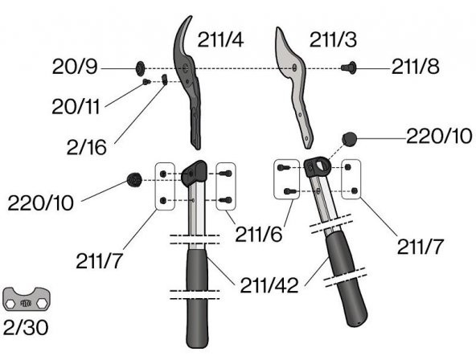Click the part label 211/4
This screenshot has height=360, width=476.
[220, 39]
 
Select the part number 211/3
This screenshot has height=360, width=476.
[333, 39]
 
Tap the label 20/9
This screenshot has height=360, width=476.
[75, 67]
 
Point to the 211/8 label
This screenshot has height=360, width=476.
[415, 67]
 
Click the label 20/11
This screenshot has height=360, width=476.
[76, 107]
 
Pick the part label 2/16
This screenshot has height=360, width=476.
[87, 147]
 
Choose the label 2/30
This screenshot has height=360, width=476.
[26, 328]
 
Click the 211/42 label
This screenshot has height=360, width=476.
[269, 285]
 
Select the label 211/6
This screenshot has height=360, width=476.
[259, 234]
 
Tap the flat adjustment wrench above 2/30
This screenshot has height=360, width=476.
[27, 301]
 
